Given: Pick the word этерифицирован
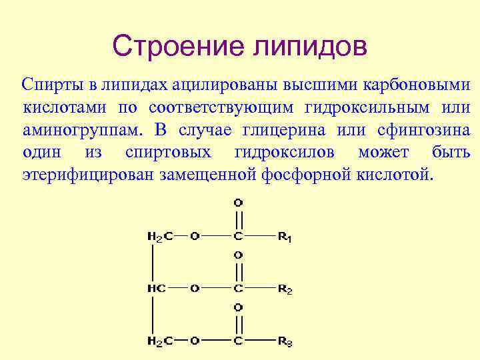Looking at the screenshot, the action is coord(87,175).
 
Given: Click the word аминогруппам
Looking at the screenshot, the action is coord(79,129).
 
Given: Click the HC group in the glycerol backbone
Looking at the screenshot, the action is coord(155,289).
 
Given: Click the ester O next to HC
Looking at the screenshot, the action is coord(194,289).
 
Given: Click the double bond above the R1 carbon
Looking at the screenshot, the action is coord(239,219).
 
